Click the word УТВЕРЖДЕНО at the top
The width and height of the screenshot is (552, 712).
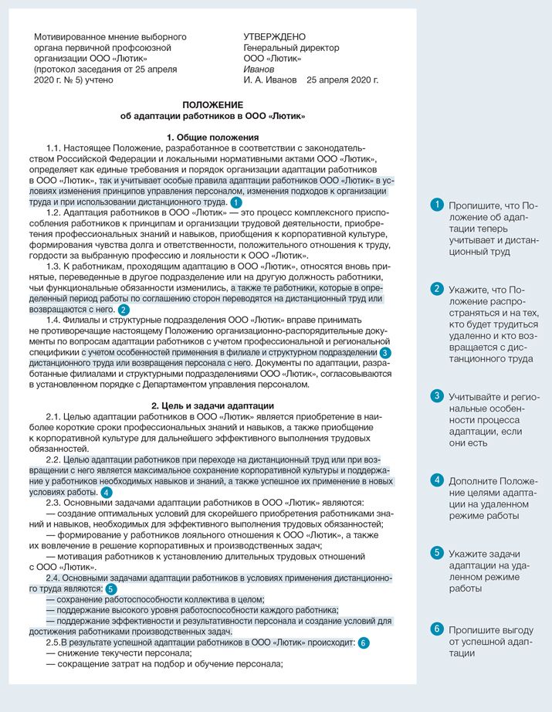click(x=274, y=36)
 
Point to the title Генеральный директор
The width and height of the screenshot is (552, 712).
click(x=291, y=47)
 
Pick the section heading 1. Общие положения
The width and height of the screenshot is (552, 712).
click(x=212, y=136)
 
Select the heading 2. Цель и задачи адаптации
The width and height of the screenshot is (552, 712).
click(x=212, y=405)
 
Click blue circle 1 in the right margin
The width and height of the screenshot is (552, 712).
click(x=436, y=205)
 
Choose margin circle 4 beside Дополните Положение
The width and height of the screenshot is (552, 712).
click(x=436, y=480)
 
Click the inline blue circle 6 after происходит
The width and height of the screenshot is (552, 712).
click(x=364, y=642)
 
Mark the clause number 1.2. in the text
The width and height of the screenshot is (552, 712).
click(x=54, y=212)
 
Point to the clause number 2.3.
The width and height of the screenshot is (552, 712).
click(x=54, y=502)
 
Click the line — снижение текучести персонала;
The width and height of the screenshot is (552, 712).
click(x=120, y=653)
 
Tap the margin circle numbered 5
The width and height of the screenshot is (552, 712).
click(x=436, y=552)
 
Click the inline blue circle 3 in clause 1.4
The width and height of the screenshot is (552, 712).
click(x=385, y=352)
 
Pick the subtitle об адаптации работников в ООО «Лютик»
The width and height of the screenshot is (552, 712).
click(x=212, y=116)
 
